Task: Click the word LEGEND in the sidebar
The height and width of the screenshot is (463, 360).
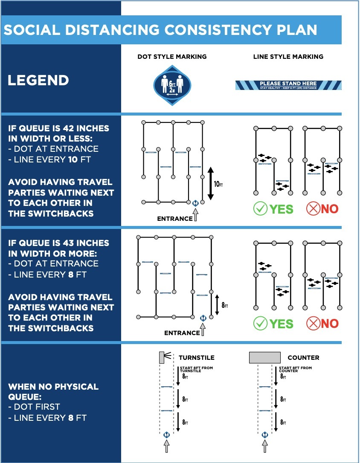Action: (38, 80)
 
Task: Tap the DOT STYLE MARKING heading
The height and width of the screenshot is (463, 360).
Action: (172, 56)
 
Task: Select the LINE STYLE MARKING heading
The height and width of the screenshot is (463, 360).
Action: (288, 56)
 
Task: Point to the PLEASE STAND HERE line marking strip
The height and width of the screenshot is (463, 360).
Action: (288, 85)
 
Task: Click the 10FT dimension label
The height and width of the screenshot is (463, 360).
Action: (219, 184)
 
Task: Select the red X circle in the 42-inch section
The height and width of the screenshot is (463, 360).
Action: (313, 209)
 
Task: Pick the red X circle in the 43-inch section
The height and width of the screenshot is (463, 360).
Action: (313, 324)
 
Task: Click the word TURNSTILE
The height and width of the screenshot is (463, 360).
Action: (196, 358)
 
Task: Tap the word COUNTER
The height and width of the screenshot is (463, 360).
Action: (303, 358)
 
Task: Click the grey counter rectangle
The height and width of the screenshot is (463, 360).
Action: (265, 357)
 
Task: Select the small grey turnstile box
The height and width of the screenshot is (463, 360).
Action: (162, 357)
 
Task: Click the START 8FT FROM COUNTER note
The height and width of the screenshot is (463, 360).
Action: (295, 369)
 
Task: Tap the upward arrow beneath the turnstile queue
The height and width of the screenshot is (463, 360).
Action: (166, 446)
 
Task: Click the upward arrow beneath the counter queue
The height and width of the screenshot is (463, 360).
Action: (265, 446)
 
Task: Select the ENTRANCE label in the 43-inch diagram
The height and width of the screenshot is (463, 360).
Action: (182, 333)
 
